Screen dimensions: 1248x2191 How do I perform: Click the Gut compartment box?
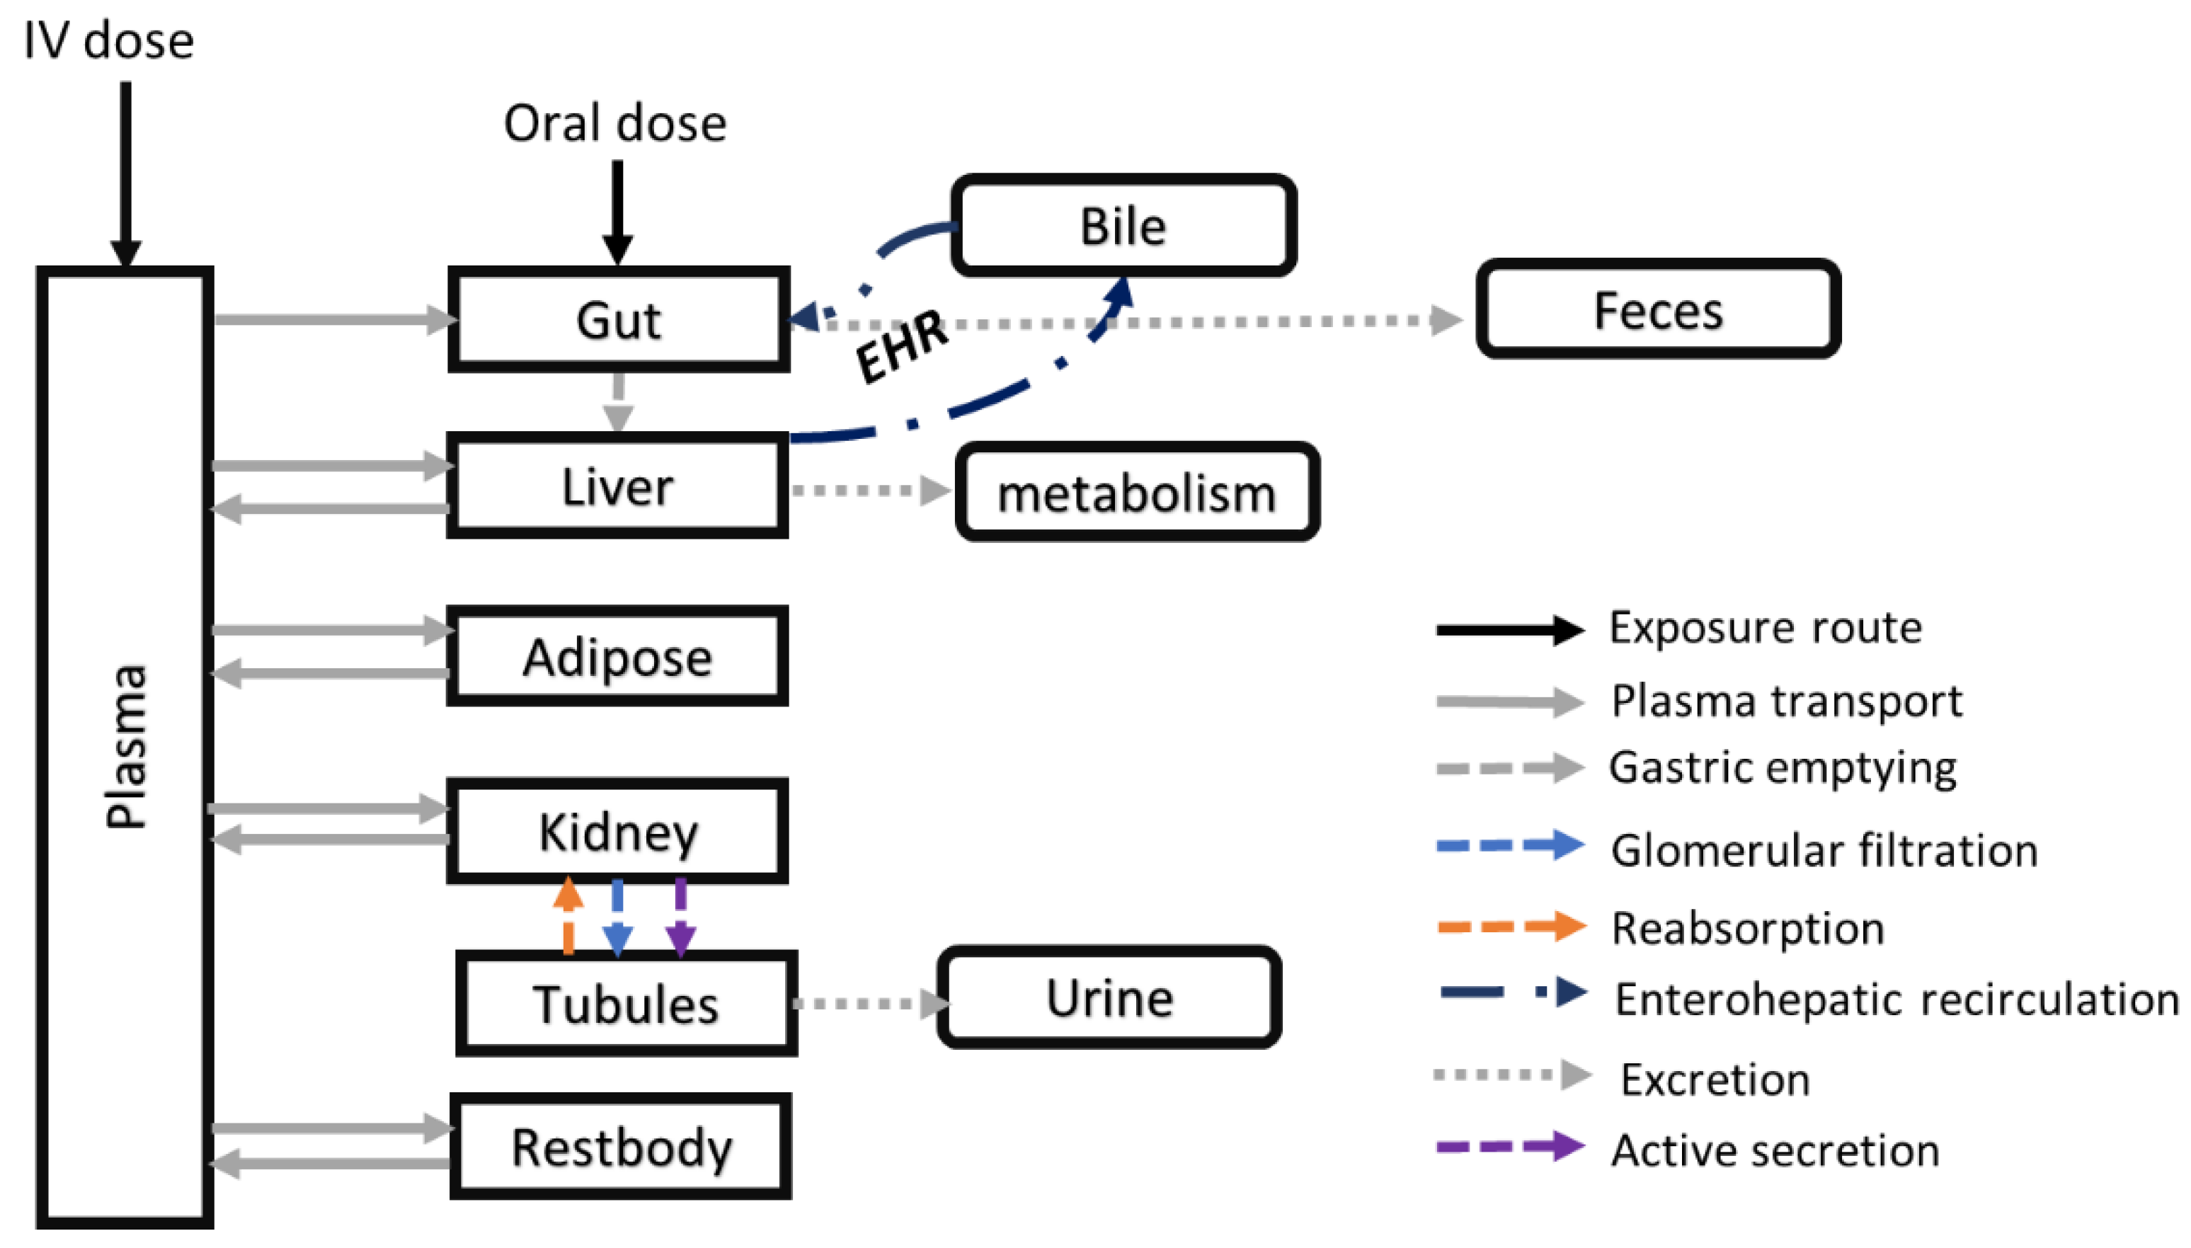pos(617,320)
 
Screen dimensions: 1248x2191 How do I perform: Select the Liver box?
pos(617,486)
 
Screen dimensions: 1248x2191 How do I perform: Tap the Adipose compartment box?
pos(617,657)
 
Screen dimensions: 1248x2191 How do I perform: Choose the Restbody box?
pos(621,1146)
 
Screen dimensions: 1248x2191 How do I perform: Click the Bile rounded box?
pos(1123,225)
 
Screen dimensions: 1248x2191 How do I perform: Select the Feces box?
pos(1657,309)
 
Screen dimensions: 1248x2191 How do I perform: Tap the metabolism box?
pos(1137,493)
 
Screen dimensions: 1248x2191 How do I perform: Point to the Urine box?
pos(1109,997)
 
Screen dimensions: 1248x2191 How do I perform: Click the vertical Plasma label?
pos(125,745)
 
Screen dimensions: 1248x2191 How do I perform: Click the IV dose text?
pos(109,40)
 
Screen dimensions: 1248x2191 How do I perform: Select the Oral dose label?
pos(614,122)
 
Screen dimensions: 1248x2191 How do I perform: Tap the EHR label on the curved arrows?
pos(902,345)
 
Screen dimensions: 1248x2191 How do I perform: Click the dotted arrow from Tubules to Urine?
pos(866,1003)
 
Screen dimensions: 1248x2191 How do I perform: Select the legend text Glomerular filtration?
pos(1824,850)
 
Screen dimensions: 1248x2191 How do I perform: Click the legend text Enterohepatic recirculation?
pos(1896,999)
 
